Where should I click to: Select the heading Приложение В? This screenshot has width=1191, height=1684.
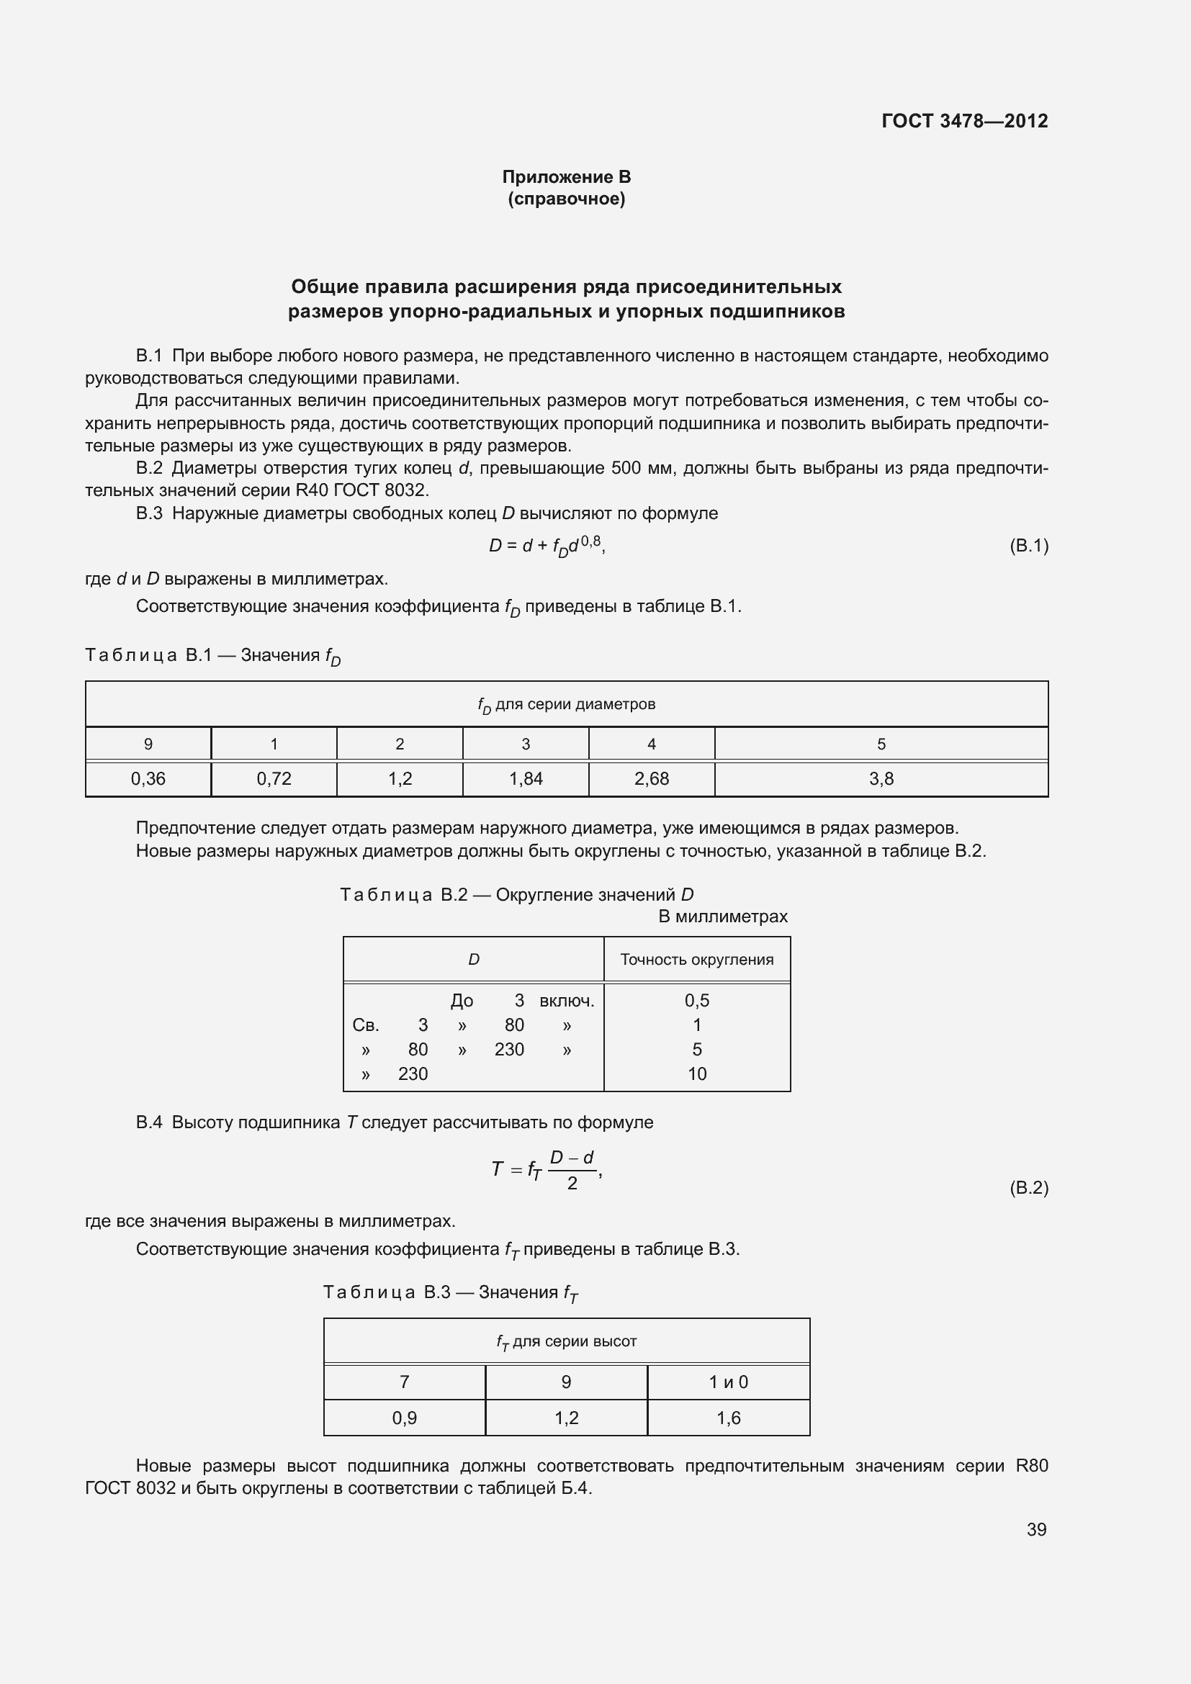point(566,177)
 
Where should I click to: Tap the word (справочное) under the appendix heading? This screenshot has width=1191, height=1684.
point(566,199)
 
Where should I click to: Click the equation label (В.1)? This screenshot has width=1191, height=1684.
point(1028,545)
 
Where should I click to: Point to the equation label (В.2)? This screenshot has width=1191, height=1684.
point(1028,1187)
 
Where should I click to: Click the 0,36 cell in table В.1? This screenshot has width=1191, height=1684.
point(148,779)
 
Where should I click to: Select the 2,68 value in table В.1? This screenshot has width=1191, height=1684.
point(651,779)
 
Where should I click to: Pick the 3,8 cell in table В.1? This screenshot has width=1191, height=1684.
point(881,779)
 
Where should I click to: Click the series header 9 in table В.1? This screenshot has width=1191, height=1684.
point(148,744)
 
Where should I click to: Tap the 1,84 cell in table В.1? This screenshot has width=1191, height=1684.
point(526,779)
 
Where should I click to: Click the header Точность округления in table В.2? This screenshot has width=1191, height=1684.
point(697,959)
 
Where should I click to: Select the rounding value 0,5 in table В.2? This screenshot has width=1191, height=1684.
point(697,1001)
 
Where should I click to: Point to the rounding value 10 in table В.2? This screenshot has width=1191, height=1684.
point(697,1073)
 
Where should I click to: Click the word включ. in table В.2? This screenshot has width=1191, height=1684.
point(567,1001)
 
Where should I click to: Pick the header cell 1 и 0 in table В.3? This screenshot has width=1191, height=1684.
point(728,1382)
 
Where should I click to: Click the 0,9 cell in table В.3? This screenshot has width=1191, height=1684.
point(404,1418)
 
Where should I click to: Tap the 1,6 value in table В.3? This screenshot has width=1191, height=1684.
point(728,1418)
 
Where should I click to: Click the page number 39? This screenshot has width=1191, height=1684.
point(1036,1529)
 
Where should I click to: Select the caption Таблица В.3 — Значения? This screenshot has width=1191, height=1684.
point(450,1292)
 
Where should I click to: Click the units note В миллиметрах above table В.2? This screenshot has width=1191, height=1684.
point(722,916)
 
